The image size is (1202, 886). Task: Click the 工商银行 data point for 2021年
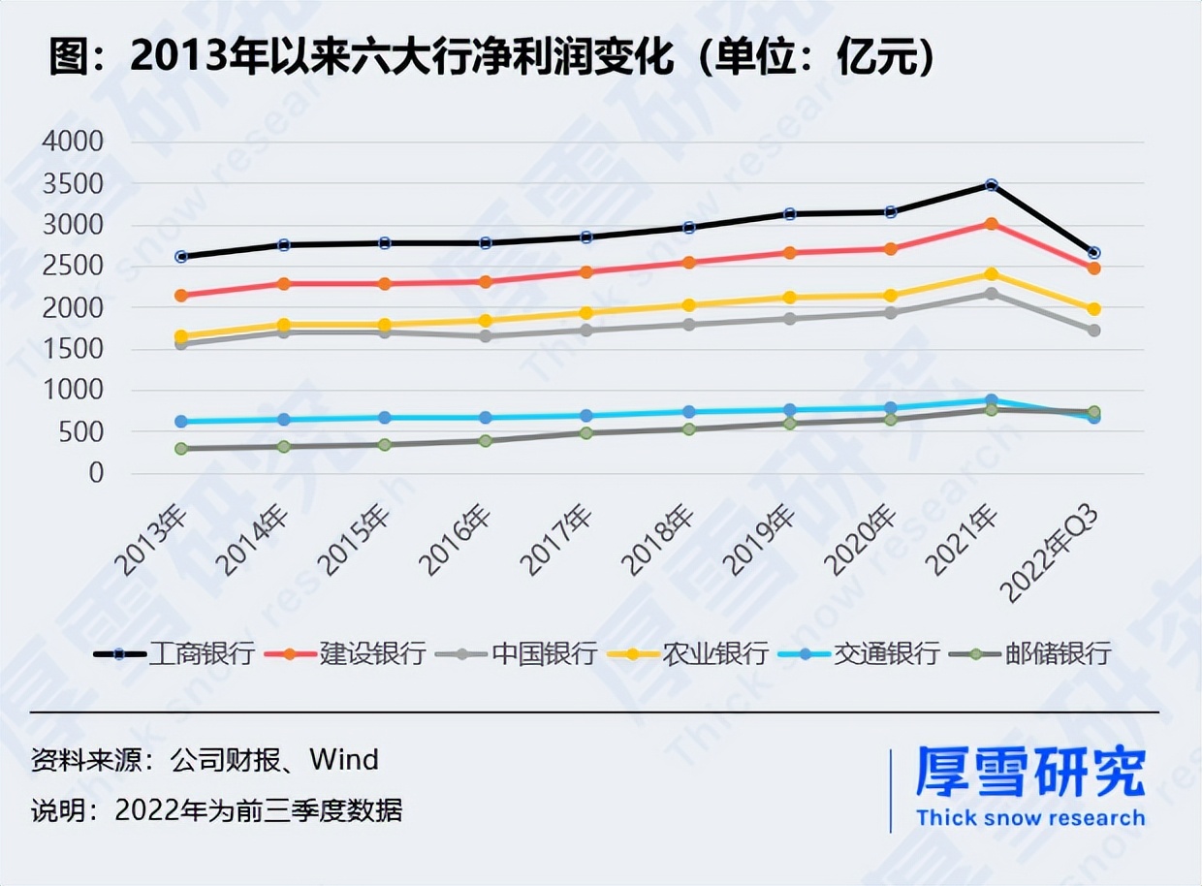(992, 184)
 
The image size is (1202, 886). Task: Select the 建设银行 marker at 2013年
(181, 296)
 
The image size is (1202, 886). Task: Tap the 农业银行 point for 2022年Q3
(1093, 309)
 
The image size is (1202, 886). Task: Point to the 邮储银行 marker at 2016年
(485, 441)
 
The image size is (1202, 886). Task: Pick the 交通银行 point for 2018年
(688, 412)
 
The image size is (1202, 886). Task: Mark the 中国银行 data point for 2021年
(992, 293)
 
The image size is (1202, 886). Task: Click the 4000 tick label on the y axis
(73, 142)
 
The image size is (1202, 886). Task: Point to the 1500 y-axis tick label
(73, 349)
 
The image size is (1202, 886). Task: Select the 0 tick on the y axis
(95, 473)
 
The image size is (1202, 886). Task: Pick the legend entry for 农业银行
(688, 654)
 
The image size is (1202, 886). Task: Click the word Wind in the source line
(343, 759)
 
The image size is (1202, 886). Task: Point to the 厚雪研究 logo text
(1030, 772)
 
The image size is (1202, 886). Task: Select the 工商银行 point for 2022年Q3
(1093, 253)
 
